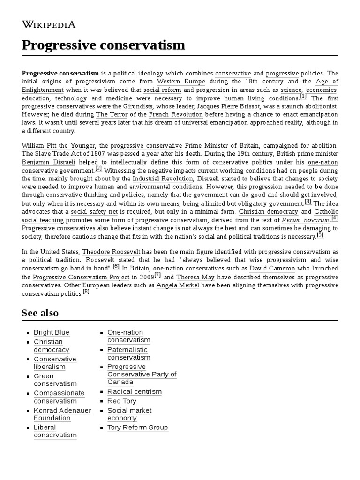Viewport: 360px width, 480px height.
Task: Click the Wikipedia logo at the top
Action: click(49, 24)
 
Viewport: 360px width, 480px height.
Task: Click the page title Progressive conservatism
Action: click(103, 45)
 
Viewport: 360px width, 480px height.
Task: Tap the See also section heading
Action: click(40, 313)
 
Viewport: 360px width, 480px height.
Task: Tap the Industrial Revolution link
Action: click(163, 179)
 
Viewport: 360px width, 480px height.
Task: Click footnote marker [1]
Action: click(303, 96)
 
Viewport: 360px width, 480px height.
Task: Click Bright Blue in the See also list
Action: click(51, 332)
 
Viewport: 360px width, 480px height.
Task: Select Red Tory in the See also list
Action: click(122, 401)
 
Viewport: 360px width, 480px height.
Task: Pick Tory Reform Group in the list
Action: click(137, 427)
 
